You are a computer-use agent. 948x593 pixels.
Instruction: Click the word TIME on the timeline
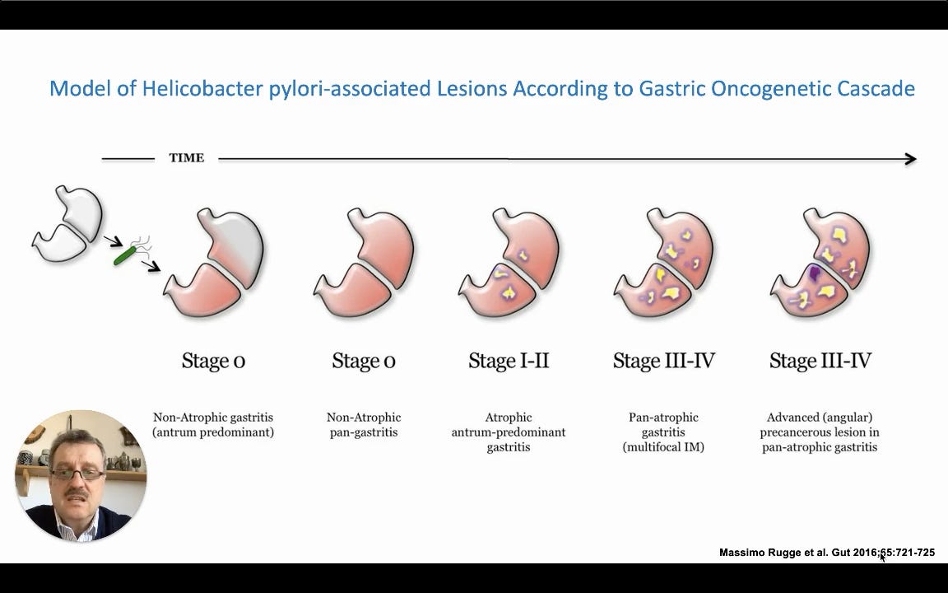pyautogui.click(x=187, y=158)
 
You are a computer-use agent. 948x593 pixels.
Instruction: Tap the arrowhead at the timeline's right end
pyautogui.click(x=910, y=159)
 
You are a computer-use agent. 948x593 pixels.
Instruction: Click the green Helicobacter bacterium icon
pyautogui.click(x=126, y=255)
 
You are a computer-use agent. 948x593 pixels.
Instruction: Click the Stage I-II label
pyautogui.click(x=509, y=361)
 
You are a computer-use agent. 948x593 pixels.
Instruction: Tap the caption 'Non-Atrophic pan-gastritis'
pyautogui.click(x=364, y=425)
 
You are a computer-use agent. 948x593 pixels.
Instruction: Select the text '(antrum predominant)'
pyautogui.click(x=213, y=432)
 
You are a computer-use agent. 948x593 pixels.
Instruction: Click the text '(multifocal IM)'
pyautogui.click(x=663, y=447)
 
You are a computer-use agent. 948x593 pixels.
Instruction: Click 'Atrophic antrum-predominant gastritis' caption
pyautogui.click(x=509, y=432)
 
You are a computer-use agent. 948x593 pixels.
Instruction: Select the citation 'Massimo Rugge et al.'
pyautogui.click(x=774, y=553)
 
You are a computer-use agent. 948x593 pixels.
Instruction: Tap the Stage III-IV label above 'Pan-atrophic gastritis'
pyautogui.click(x=663, y=361)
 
